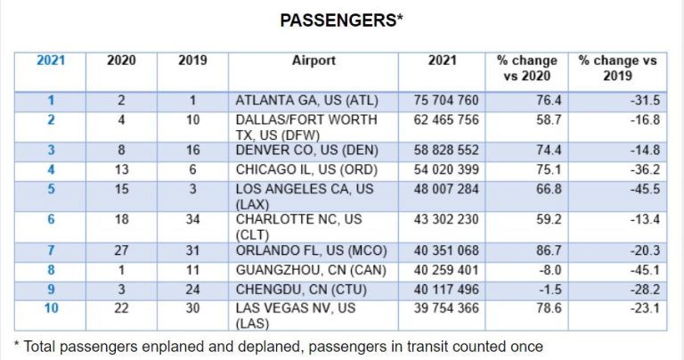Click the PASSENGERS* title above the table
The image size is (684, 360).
tap(341, 20)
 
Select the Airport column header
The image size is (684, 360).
tap(313, 61)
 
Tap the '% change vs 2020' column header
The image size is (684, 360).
tap(527, 69)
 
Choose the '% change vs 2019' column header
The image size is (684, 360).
tap(617, 69)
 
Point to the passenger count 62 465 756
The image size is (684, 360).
tap(447, 119)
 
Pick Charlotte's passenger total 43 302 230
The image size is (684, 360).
tap(447, 220)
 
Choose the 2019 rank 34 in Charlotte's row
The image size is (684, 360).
tap(192, 220)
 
